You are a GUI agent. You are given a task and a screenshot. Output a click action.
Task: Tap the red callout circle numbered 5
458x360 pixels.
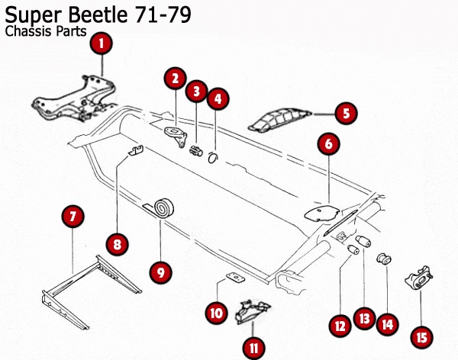click(345, 114)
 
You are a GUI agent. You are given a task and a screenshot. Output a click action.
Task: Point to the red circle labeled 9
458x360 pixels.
click(160, 270)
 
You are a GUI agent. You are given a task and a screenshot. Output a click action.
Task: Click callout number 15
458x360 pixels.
click(419, 336)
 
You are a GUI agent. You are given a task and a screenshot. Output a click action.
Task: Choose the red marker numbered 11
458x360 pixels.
click(253, 348)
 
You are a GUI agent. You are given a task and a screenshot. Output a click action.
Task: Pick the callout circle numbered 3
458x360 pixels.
click(196, 92)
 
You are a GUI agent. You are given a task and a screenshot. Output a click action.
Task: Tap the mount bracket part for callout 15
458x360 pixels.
click(419, 279)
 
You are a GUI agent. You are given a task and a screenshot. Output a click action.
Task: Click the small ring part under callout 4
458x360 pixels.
click(214, 157)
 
